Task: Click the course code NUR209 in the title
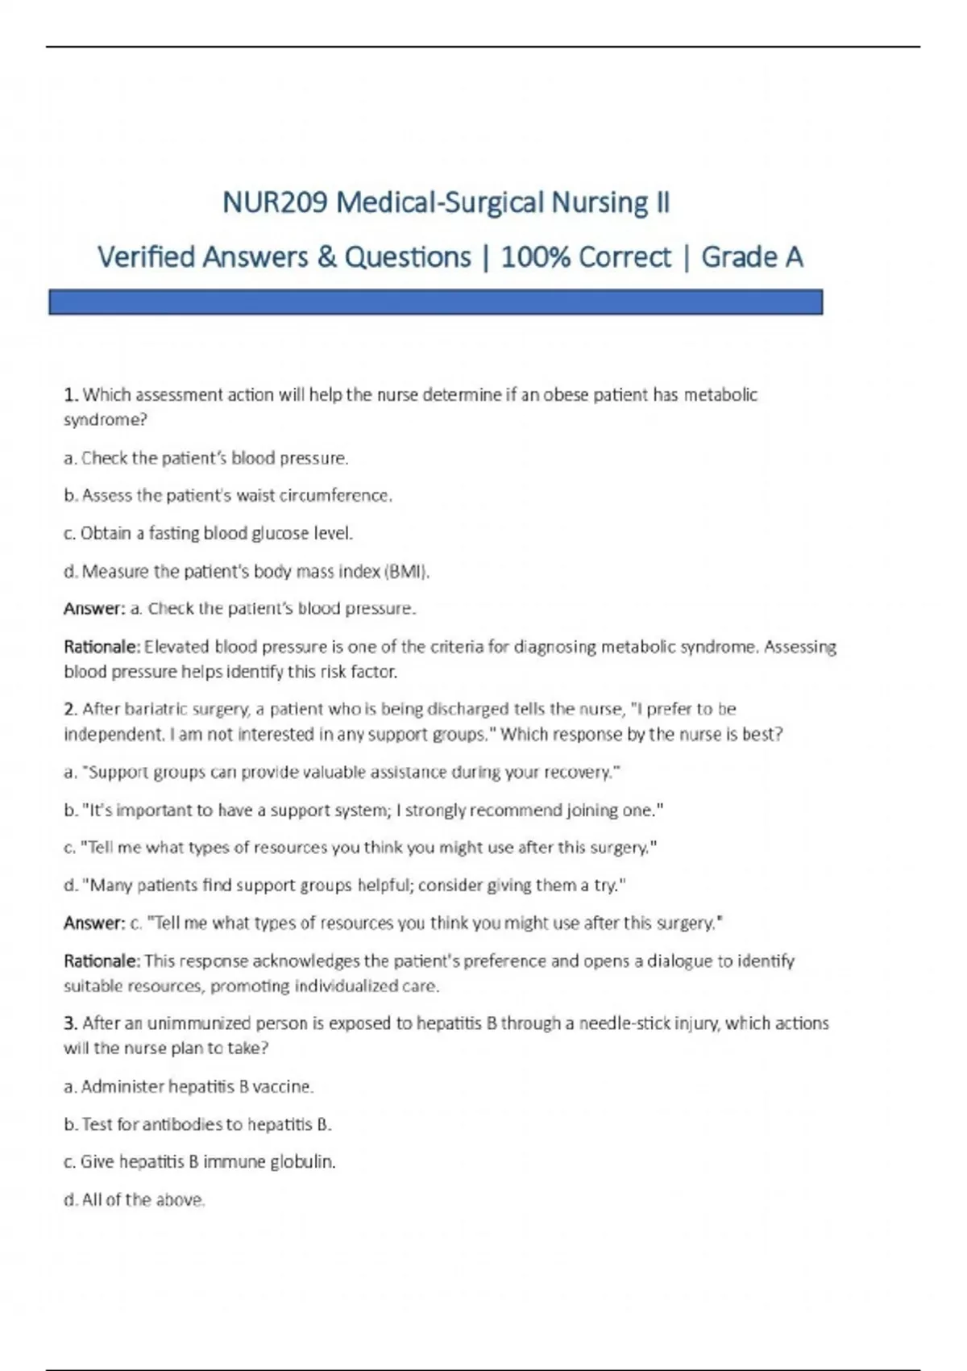(x=275, y=202)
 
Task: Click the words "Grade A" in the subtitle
(x=752, y=257)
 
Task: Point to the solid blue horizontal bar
(x=435, y=302)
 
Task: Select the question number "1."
(x=71, y=395)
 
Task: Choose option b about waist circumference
(x=228, y=496)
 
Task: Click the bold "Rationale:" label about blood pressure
(x=102, y=647)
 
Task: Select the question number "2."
(x=71, y=710)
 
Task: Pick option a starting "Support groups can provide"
(x=342, y=773)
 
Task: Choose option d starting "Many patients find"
(x=345, y=886)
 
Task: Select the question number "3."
(x=71, y=1024)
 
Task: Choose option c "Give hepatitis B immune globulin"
(x=200, y=1162)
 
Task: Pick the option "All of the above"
(x=135, y=1200)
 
